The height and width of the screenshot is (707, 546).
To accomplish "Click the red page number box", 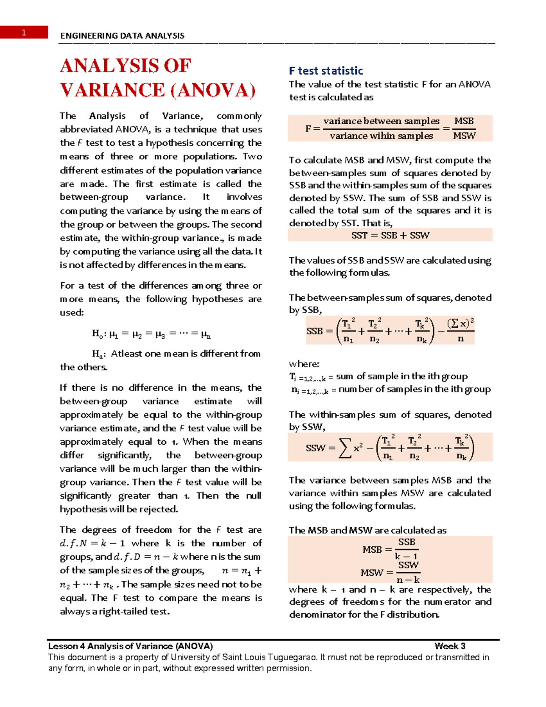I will point(24,32).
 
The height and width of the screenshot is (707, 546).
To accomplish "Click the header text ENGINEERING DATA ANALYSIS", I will point(122,36).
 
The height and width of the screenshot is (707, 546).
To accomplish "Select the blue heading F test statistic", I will point(326,71).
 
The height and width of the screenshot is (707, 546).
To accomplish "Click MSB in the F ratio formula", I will point(464,121).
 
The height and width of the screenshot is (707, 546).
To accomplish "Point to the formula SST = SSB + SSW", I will point(390,235).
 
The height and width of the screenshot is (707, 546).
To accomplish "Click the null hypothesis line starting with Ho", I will point(151,334).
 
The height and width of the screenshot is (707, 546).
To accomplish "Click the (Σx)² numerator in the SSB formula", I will point(460,324).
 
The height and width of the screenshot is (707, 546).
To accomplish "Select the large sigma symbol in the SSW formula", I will point(345,448).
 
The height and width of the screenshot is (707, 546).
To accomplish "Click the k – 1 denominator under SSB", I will point(406,556).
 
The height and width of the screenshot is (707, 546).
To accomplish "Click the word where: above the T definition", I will point(304,364).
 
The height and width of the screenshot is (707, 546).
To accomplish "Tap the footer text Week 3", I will point(450,646).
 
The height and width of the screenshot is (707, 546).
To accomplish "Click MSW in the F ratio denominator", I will point(464,136).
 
